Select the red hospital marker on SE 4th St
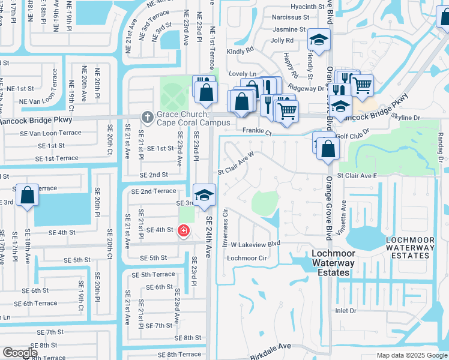click(183, 230)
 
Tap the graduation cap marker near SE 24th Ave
click(204, 195)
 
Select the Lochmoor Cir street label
click(246, 257)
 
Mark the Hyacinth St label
click(306, 7)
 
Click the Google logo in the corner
click(20, 353)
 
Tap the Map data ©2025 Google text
click(411, 355)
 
